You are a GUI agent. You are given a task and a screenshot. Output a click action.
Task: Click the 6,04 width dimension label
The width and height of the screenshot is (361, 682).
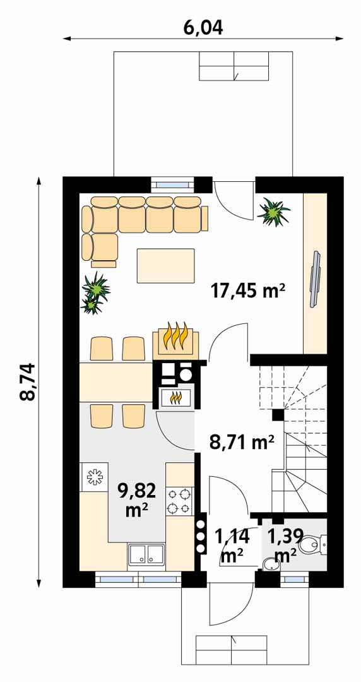coord(203,28)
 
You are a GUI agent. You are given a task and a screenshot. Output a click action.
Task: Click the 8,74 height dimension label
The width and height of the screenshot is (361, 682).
coord(28,382)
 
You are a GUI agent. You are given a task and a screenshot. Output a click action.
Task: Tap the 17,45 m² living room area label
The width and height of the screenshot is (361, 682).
coord(248,290)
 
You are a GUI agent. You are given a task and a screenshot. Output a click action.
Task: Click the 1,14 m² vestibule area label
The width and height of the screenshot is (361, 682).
coord(232,546)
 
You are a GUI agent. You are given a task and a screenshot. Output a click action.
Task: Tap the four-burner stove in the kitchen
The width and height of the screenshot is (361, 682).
coord(180,501)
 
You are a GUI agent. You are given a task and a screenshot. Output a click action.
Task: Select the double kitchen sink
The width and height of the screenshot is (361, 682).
coord(146,556)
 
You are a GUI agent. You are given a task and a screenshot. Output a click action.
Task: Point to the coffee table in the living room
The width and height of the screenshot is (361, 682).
coord(166,265)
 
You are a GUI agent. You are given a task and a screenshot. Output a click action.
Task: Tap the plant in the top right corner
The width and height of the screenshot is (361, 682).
coord(273,212)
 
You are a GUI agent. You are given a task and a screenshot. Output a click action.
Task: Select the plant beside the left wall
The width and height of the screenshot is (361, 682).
coord(95,293)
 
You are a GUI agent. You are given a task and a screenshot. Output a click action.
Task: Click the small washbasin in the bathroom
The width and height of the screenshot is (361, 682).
coord(270,564)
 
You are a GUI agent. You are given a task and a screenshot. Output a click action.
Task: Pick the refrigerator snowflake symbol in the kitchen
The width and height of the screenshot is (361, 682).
coord(94,477)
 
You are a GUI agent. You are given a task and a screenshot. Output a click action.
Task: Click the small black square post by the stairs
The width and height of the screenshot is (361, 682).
coord(278,415)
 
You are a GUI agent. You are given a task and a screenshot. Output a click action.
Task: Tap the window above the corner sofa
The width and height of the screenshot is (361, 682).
coord(173,184)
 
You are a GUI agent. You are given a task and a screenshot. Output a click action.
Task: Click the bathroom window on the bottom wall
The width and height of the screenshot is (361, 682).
coord(294,579)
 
